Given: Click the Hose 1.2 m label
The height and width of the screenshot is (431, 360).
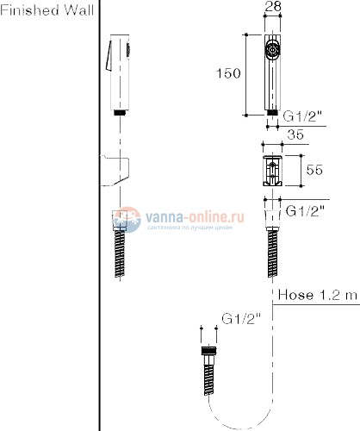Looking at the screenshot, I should pos(317,296).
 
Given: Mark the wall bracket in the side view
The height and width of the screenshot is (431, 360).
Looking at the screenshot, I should pos(117,171).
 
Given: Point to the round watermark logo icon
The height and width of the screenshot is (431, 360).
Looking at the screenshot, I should pos(128,222).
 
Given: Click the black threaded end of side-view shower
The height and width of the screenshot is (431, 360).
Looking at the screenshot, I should pos(118,112).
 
